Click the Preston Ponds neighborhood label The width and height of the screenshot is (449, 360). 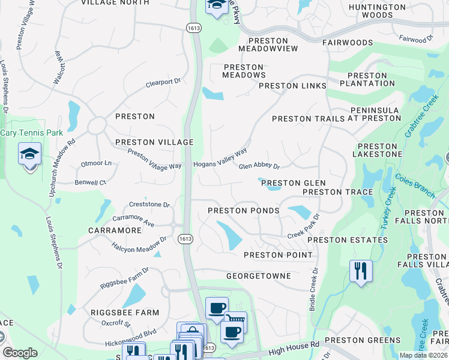pyautogui.click(x=244, y=211)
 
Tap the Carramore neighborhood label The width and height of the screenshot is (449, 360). pyautogui.click(x=115, y=230)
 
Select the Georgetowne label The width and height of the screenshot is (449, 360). pyautogui.click(x=258, y=276)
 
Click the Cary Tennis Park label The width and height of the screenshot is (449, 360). pyautogui.click(x=31, y=133)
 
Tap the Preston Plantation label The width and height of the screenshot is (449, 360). pyautogui.click(x=367, y=80)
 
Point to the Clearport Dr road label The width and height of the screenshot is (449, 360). pyautogui.click(x=163, y=83)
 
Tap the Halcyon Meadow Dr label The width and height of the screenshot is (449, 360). pyautogui.click(x=139, y=244)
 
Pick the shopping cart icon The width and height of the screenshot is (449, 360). pyautogui.click(x=235, y=322)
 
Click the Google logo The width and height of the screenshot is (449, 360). pyautogui.click(x=20, y=353)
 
